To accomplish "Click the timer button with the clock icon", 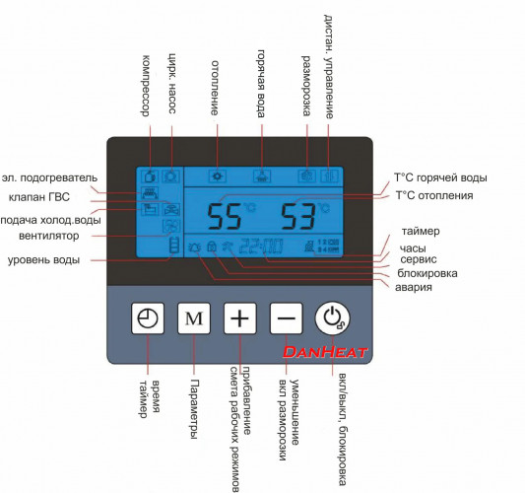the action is pyautogui.click(x=148, y=318).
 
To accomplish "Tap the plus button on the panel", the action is pyautogui.click(x=240, y=318).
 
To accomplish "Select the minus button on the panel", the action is pyautogui.click(x=287, y=318).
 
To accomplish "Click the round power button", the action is pyautogui.click(x=332, y=318).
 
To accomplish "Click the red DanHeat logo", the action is pyautogui.click(x=325, y=352).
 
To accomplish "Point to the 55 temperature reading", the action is pyautogui.click(x=225, y=217).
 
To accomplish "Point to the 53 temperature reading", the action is pyautogui.click(x=298, y=217).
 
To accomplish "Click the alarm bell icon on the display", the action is pyautogui.click(x=195, y=247).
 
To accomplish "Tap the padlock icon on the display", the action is pyautogui.click(x=211, y=246).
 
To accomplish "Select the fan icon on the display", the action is pyautogui.click(x=171, y=226).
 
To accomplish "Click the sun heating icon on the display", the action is pyautogui.click(x=218, y=176).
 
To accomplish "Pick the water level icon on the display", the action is pyautogui.click(x=174, y=245).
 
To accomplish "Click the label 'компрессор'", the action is pyautogui.click(x=145, y=86).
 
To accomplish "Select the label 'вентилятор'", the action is pyautogui.click(x=49, y=236).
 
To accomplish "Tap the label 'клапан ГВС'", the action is pyautogui.click(x=39, y=197).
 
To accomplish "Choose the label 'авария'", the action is pyautogui.click(x=414, y=288).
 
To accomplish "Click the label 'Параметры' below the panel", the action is pyautogui.click(x=194, y=409).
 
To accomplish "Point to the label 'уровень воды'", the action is pyautogui.click(x=43, y=260).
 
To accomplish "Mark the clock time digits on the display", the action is pyautogui.click(x=261, y=246).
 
